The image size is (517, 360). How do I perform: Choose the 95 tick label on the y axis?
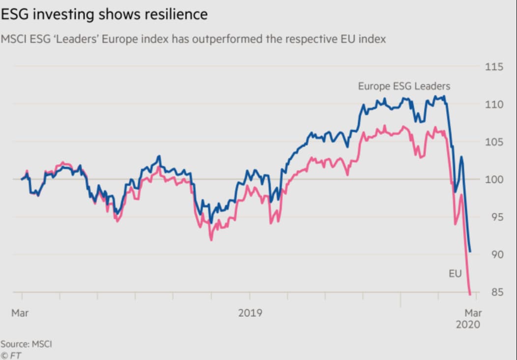point(496,217)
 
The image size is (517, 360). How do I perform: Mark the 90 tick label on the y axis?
point(496,254)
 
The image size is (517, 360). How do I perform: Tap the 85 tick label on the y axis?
point(496,292)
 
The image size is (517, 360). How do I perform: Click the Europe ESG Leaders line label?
point(404,87)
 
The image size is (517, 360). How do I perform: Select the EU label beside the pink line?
point(455,274)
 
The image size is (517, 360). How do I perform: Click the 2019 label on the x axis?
point(250,313)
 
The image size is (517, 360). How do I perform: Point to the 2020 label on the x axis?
point(468,325)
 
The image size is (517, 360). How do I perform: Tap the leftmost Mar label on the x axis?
point(20,313)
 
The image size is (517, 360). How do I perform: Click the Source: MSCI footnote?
point(26,344)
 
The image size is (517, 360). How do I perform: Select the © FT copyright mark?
point(11,355)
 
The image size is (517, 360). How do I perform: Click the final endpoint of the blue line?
point(470,252)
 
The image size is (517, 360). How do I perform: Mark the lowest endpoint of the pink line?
point(470,295)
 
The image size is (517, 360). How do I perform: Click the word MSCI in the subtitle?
point(14,39)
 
